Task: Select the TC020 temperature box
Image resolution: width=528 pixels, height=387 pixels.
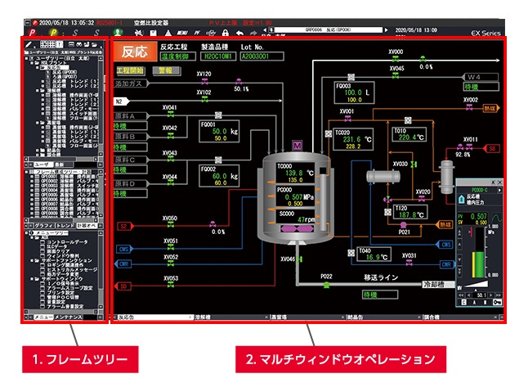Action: [354, 138]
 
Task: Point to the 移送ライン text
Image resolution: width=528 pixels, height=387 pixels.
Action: [382, 277]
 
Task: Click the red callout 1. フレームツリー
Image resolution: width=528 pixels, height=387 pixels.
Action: [76, 358]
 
